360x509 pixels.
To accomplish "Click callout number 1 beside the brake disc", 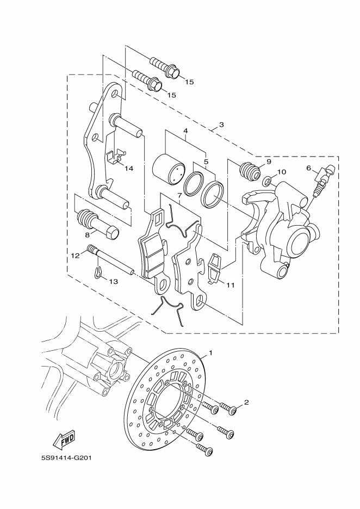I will (210, 353).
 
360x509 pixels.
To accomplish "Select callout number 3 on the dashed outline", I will (221, 125).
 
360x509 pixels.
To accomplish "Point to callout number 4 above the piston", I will (185, 131).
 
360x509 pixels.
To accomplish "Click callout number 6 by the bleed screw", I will (309, 169).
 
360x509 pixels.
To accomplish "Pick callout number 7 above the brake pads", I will (179, 195).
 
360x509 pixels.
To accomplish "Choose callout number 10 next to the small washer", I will (281, 172).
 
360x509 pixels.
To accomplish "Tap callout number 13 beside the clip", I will (113, 282).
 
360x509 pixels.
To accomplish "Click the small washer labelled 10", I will (268, 179).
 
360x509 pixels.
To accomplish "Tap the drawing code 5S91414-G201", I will (65, 457).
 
